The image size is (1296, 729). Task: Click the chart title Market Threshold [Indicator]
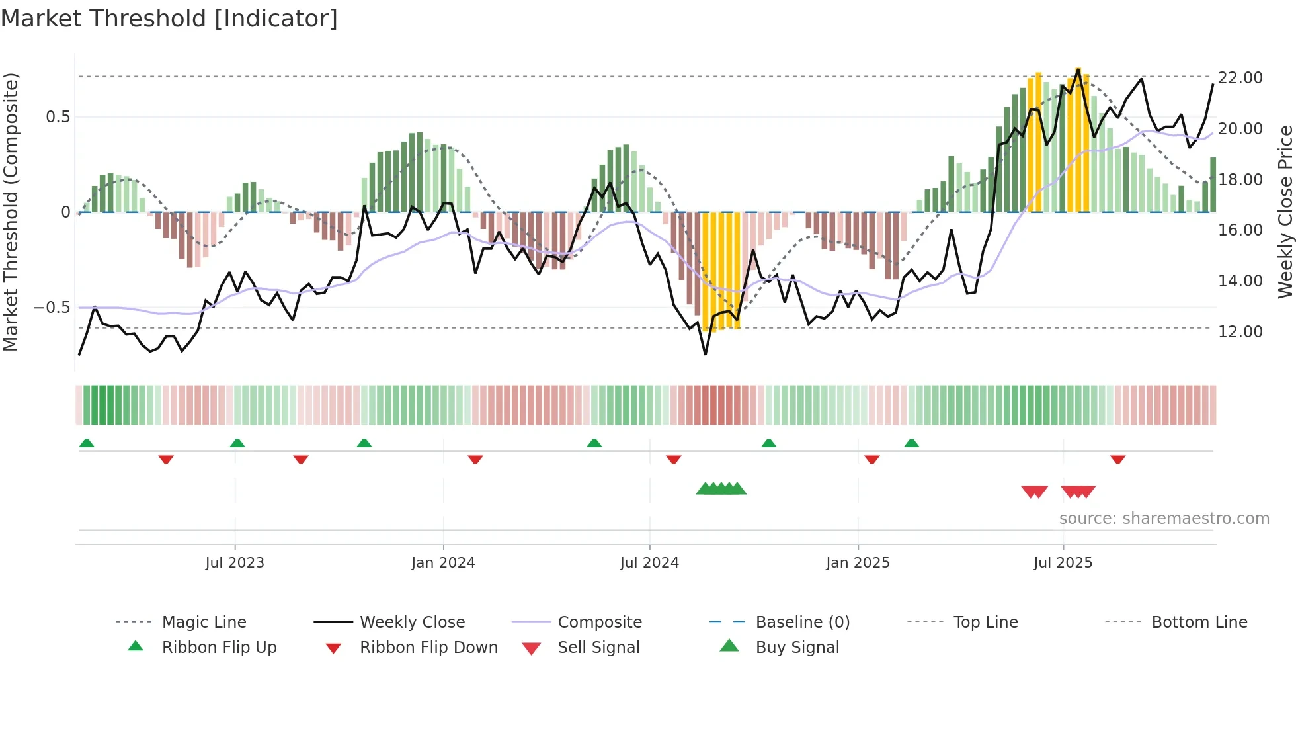click(169, 19)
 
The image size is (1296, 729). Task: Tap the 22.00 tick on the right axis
click(1240, 78)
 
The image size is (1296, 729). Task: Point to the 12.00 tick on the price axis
click(1240, 332)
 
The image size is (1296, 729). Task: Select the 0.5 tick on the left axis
click(58, 117)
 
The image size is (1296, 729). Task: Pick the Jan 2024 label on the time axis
click(442, 563)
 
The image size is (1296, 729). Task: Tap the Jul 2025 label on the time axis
click(1063, 563)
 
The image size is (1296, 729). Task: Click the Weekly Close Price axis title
click(1284, 212)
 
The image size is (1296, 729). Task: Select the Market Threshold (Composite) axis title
click(11, 212)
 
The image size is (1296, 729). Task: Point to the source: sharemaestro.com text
click(1164, 519)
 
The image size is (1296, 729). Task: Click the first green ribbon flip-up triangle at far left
click(87, 443)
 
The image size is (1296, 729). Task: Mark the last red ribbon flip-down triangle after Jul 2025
click(1117, 460)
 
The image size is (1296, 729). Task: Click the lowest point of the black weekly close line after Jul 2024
click(706, 354)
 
